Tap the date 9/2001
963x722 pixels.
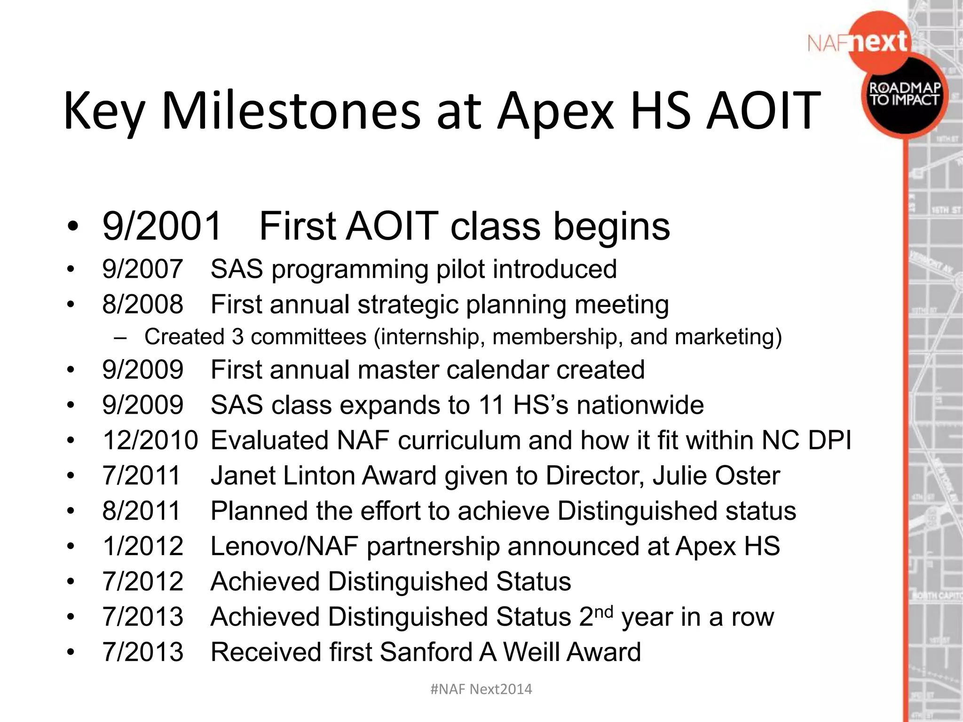162,226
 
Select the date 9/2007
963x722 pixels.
142,269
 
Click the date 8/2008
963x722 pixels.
142,305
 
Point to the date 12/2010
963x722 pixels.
150,440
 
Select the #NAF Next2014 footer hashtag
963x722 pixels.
481,689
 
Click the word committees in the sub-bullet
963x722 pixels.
308,337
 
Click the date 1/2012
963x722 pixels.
142,547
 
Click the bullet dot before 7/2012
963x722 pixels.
71,582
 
